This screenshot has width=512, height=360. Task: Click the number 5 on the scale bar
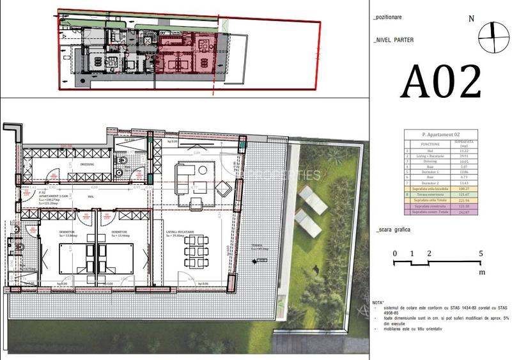pyautogui.click(x=481, y=253)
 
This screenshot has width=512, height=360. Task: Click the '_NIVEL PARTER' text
pyautogui.click(x=394, y=40)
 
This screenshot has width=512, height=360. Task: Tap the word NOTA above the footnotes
pyautogui.click(x=379, y=301)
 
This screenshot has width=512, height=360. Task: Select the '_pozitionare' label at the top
pyautogui.click(x=388, y=18)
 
